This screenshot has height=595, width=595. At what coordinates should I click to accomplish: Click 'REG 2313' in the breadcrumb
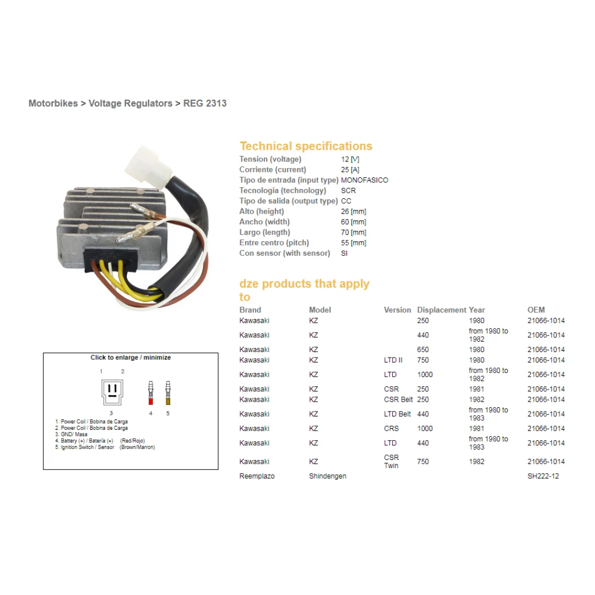point(205,103)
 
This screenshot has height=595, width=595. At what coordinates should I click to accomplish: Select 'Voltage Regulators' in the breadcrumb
point(131,103)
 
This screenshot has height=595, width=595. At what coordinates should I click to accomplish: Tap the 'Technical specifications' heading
point(306,146)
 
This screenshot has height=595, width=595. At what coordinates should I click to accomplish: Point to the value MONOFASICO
point(365,180)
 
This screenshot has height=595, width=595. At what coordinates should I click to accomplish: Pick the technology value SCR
point(349,191)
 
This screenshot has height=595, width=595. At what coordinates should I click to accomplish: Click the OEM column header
point(536,310)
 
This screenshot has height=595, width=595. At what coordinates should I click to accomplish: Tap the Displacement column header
point(441,310)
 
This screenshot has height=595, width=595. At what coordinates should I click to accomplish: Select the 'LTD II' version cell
point(393,360)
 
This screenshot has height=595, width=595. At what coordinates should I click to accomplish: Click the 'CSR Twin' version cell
point(392,462)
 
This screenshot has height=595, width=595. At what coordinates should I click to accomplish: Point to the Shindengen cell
point(328,476)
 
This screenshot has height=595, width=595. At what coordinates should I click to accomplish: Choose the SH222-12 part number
point(543,476)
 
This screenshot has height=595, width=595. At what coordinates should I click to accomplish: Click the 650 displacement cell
point(423,350)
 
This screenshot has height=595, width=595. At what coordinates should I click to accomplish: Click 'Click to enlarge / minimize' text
point(131,358)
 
